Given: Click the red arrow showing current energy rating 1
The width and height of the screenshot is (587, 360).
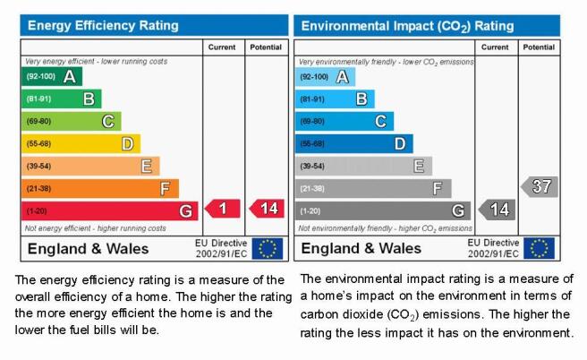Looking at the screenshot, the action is coord(223,209).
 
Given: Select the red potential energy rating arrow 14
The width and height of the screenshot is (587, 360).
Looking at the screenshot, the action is coord(267,209).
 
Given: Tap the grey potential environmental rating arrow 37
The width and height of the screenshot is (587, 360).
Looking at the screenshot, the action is coord(540,186).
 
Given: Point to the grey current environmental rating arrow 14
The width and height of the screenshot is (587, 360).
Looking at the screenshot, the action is coord(497,210).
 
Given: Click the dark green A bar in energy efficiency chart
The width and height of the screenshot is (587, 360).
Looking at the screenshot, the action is coord(52,76).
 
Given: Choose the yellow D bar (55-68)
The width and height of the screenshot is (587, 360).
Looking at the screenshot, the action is coord(81,144).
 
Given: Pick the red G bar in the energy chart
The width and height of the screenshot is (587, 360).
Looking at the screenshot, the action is coord(110,211).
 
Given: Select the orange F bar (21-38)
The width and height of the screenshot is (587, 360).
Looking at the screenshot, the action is coord(100,188).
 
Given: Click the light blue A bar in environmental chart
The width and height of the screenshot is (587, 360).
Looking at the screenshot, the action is coord(325,77).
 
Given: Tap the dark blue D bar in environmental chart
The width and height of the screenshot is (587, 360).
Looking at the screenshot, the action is coord(353,144).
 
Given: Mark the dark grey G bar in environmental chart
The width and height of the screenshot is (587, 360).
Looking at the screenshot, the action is coord(383,211).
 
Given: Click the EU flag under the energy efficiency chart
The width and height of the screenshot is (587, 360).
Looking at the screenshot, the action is coord(268,248).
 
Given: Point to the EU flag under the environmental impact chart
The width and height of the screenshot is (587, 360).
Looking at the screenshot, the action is coord(539,248).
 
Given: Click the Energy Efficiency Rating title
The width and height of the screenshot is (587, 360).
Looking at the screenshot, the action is coord(103,25).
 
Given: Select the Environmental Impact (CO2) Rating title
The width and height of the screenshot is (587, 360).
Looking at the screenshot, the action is coord(407,26).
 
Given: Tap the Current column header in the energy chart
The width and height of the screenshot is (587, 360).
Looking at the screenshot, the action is coord(222,47).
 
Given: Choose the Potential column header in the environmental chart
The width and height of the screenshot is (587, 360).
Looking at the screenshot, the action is coord(539,47).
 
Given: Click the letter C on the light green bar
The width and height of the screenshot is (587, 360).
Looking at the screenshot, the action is coord(107,122).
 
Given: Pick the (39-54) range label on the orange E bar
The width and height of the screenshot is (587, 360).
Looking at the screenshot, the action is coord(38,166).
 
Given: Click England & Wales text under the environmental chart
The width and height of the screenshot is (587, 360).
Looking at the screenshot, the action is coord(361,248).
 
